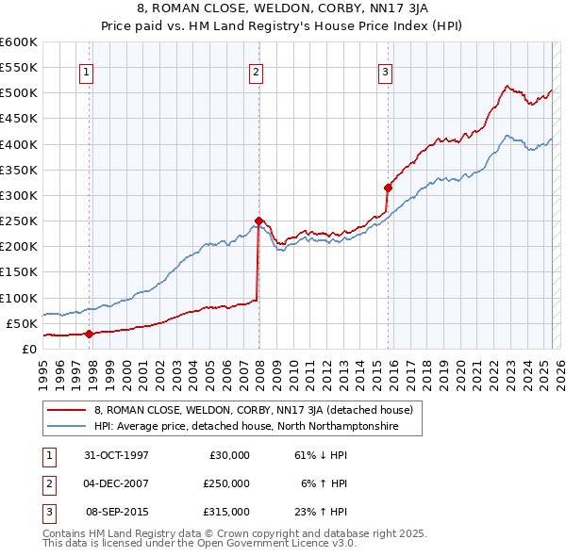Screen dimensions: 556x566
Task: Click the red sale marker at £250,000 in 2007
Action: pos(258,221)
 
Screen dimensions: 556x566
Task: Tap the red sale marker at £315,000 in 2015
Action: pos(388,188)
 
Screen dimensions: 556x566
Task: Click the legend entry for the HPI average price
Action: pos(245,427)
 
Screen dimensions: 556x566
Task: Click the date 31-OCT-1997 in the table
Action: pos(117,455)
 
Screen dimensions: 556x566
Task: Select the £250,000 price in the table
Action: pos(226,483)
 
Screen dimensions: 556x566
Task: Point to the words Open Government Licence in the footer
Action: pos(256,544)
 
